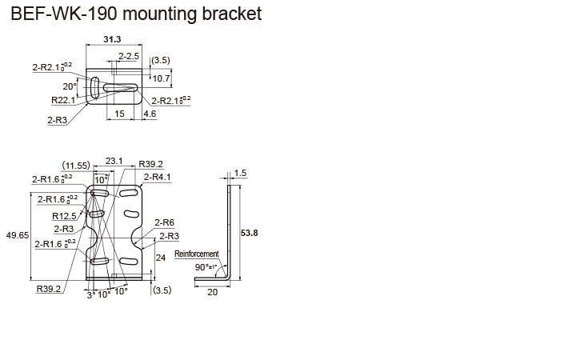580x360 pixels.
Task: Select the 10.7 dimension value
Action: [161, 78]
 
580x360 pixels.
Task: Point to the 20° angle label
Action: [70, 86]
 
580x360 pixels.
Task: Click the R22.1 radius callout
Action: [62, 101]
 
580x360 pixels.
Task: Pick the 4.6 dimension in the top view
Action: [150, 114]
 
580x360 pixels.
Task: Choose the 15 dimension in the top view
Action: [118, 114]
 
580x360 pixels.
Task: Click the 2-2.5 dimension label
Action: [129, 56]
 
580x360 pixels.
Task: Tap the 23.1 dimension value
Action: [114, 161]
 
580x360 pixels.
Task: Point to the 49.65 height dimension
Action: [17, 235]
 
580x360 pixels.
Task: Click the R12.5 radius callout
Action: [64, 216]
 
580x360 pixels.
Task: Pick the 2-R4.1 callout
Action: [158, 177]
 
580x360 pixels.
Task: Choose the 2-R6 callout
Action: [164, 223]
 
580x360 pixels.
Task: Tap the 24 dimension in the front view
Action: [160, 258]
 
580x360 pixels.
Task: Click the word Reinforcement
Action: [196, 254]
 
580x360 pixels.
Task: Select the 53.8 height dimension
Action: [249, 233]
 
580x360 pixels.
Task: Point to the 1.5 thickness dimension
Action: [241, 173]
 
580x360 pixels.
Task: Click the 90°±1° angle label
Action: [206, 266]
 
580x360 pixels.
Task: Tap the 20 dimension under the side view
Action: [212, 293]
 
